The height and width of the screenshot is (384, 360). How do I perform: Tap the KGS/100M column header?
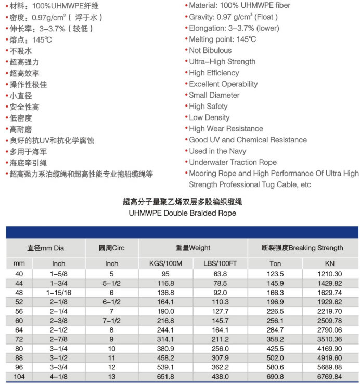point(166,263)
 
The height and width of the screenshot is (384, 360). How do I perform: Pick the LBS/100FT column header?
point(220,263)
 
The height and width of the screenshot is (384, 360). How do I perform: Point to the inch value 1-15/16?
point(58,293)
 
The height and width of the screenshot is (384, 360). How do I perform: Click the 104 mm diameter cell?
point(19,377)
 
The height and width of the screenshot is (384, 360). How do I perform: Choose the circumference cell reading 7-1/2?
point(111,321)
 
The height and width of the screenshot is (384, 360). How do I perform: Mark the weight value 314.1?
point(166,339)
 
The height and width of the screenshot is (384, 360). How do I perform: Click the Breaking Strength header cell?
point(302,248)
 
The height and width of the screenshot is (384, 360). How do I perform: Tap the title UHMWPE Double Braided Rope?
point(182,213)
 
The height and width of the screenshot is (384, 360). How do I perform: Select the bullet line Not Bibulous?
point(210,50)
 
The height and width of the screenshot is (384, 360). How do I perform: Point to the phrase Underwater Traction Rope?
point(233,162)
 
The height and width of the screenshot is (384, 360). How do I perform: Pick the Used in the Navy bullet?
point(218,151)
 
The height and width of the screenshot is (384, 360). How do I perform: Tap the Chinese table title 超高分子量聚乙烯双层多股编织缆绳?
point(182,202)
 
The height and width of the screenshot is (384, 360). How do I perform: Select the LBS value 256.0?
point(220,349)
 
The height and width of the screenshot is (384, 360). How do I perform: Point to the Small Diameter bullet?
point(214,95)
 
